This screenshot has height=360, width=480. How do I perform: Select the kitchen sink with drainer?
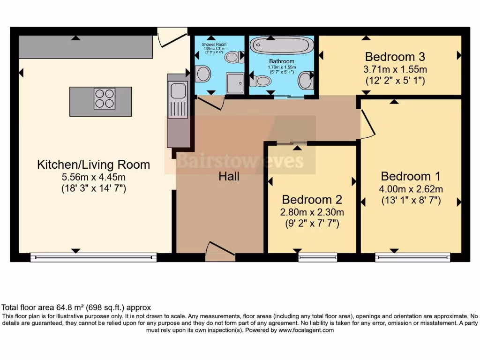(178, 98)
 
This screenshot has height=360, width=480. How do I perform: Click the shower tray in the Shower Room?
(235, 83)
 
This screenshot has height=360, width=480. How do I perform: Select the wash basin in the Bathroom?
(306, 80)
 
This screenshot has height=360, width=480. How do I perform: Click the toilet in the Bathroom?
(261, 81)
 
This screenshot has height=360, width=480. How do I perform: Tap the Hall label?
(229, 177)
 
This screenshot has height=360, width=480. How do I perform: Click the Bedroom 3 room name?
(395, 57)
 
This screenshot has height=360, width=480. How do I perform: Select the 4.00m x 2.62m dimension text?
(411, 189)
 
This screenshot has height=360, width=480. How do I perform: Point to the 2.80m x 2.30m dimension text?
(311, 212)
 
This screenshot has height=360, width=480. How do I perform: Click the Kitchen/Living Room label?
(93, 165)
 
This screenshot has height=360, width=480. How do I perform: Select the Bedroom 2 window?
(317, 257)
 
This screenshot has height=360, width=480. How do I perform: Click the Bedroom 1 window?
(412, 257)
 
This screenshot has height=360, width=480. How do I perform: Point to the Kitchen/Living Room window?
(93, 257)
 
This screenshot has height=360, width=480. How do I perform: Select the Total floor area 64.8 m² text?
(77, 308)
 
